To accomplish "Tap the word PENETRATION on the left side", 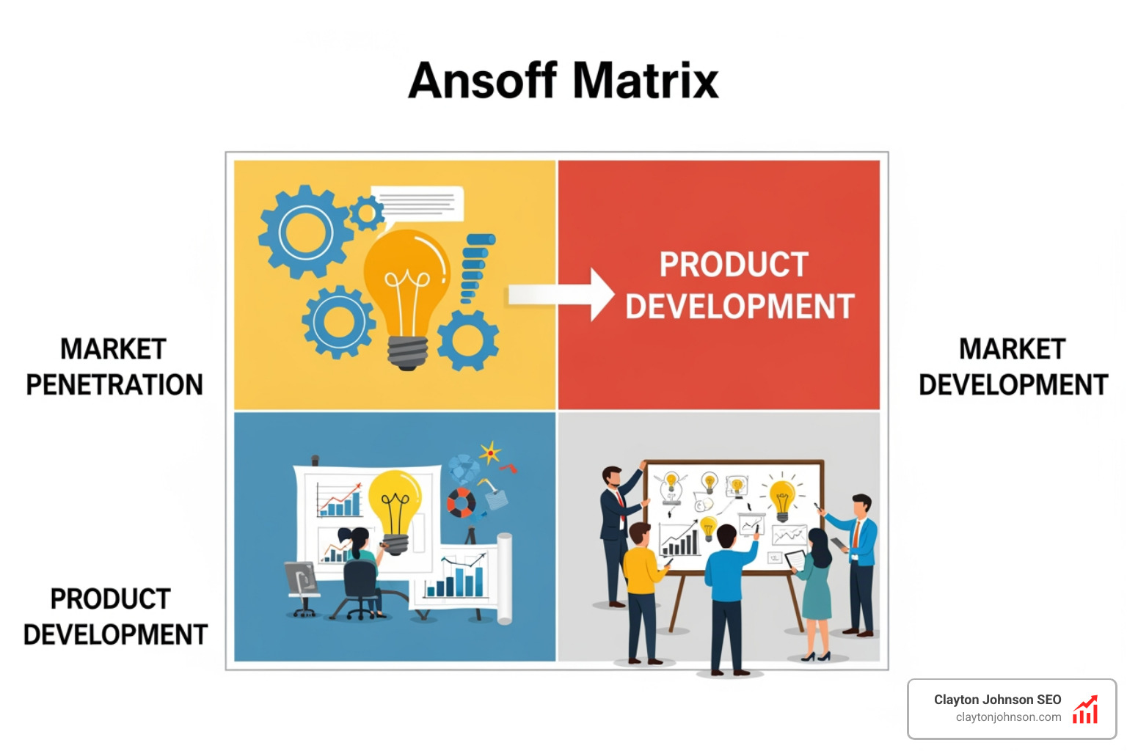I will point(114,385).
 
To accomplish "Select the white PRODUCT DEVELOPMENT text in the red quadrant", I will point(739,285).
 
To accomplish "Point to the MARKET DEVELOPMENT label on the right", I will point(1013,367).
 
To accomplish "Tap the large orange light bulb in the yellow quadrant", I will point(406,286).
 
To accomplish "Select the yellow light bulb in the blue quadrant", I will point(395,506).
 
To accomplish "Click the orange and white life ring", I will point(461,503).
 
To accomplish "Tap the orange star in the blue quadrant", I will point(489,453).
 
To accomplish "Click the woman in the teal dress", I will point(817,587).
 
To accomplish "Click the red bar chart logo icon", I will point(1085,710).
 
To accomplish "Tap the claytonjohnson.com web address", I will point(1008,717).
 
